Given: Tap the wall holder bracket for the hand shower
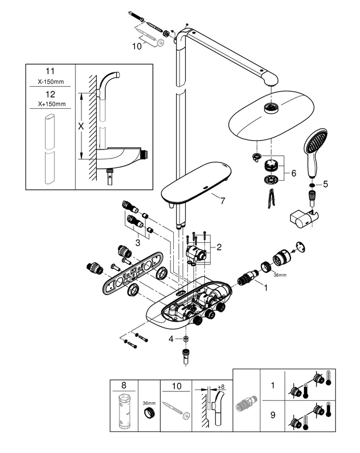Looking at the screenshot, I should click(x=303, y=217).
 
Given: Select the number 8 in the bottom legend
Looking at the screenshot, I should click(x=124, y=386).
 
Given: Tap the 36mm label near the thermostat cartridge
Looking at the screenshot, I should click(x=278, y=276).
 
